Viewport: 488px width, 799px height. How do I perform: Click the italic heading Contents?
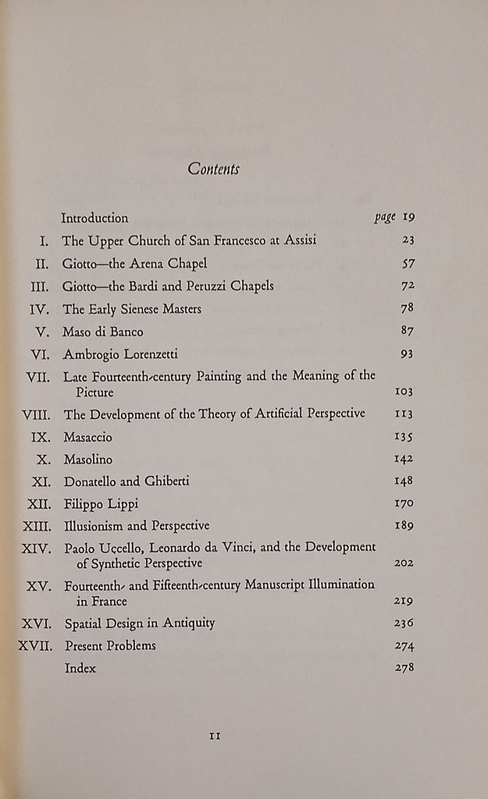click(213, 169)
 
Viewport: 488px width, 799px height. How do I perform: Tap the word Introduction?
click(94, 218)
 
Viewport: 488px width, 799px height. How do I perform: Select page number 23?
click(404, 241)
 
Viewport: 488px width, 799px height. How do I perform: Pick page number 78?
click(404, 309)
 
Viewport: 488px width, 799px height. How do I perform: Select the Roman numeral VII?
click(38, 377)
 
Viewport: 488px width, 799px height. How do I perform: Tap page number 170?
click(403, 504)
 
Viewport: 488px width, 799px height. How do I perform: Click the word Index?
click(80, 668)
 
